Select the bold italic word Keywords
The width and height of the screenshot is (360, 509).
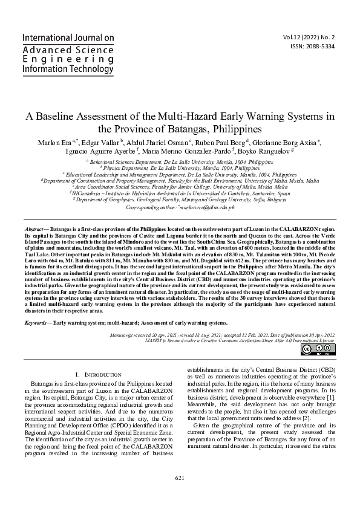click(x=36, y=323)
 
